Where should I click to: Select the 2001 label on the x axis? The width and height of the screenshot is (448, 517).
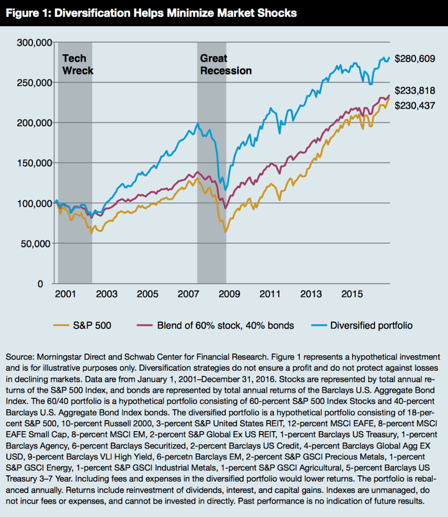(65, 294)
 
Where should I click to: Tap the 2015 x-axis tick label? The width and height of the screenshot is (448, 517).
(351, 294)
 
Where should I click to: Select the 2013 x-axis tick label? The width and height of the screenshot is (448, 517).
(310, 294)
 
